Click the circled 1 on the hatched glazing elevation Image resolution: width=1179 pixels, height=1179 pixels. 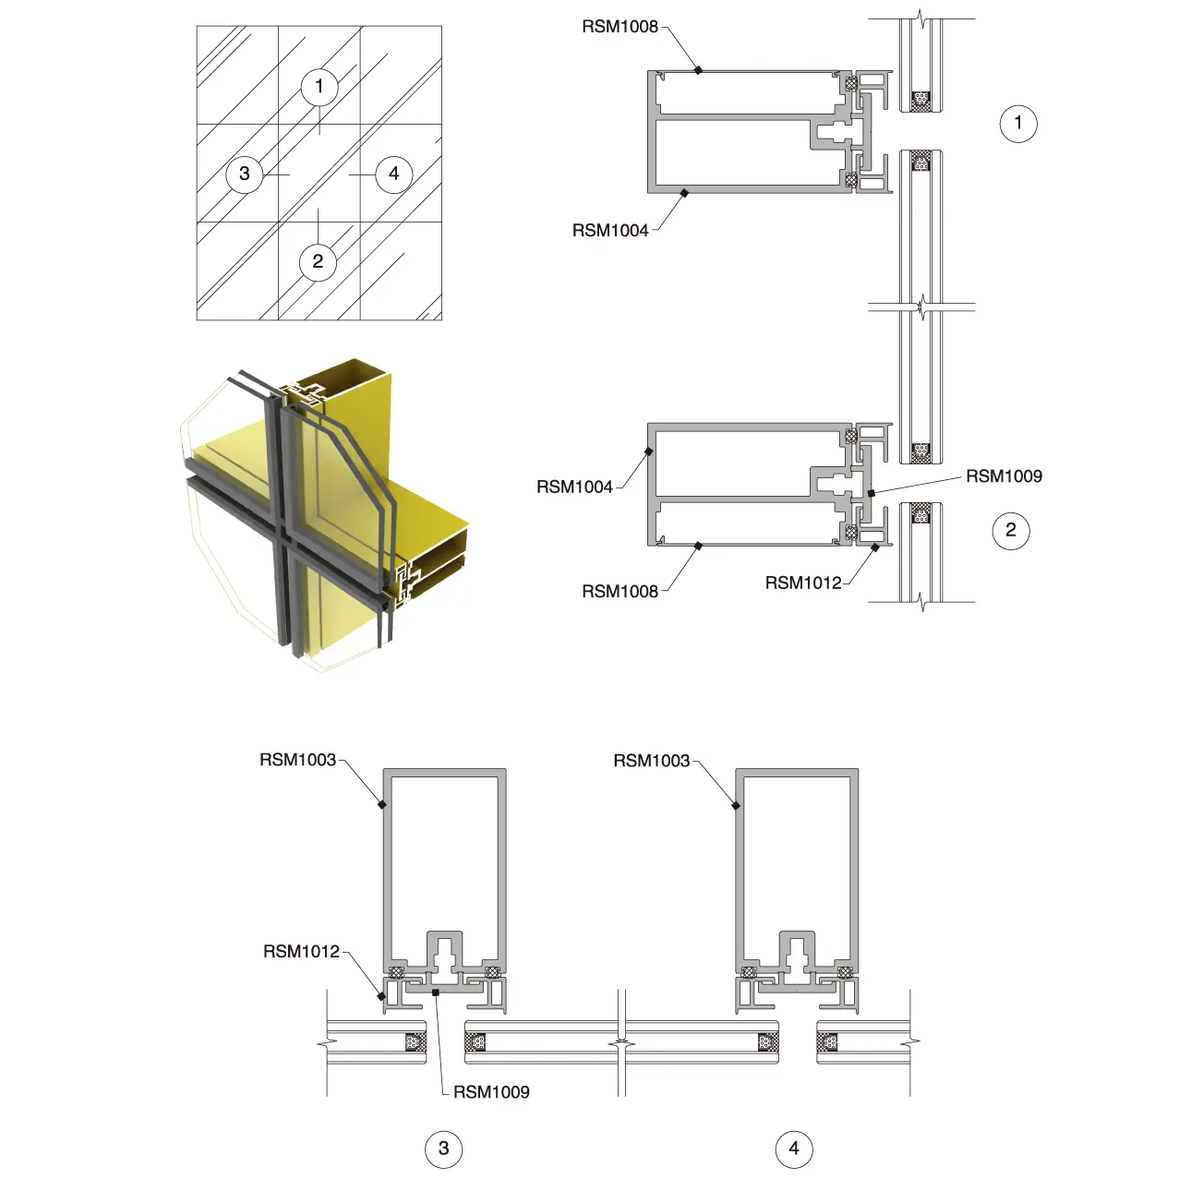click(319, 87)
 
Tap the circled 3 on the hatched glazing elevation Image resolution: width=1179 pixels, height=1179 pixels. click(245, 174)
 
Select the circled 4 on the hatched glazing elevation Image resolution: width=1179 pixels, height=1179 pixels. click(394, 174)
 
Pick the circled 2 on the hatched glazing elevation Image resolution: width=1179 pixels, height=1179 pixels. click(318, 261)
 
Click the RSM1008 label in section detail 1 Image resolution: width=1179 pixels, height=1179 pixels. click(620, 27)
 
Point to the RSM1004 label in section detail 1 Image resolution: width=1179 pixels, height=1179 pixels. click(610, 231)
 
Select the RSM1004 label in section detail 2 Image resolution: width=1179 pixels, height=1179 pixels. click(574, 487)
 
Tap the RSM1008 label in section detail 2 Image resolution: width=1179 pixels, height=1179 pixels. click(620, 591)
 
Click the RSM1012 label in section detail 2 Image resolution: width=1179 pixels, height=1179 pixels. click(803, 583)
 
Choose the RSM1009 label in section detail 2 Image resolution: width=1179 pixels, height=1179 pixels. click(1004, 476)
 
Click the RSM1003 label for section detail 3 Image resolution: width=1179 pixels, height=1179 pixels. click(297, 760)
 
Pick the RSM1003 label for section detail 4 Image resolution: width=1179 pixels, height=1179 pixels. click(651, 761)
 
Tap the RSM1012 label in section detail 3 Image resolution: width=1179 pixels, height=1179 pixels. click(301, 951)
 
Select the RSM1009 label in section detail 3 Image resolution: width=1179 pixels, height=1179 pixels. click(491, 1092)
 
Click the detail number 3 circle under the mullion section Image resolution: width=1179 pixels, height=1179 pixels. click(443, 1149)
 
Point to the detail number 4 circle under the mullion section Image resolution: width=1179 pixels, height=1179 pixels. click(794, 1149)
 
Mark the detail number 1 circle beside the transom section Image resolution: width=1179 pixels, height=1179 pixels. click(1018, 123)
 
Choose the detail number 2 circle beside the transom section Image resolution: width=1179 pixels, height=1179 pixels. click(1011, 530)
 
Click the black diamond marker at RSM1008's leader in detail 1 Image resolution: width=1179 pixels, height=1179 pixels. click(699, 69)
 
